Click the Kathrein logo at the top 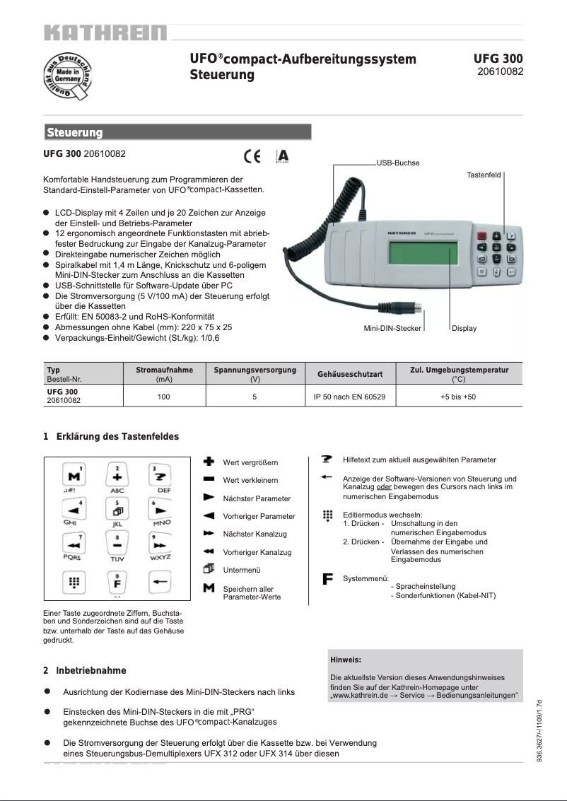[105, 33]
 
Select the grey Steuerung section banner [177, 132]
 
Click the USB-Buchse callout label [398, 163]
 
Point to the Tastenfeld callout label [484, 174]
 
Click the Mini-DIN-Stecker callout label [392, 328]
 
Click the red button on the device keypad [482, 236]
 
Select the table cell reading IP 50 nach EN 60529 [349, 397]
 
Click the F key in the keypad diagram [117, 584]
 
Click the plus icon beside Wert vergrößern [209, 462]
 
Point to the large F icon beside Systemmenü [327, 579]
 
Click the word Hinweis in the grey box [346, 660]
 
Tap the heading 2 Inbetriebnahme [85, 670]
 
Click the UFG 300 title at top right [498, 59]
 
